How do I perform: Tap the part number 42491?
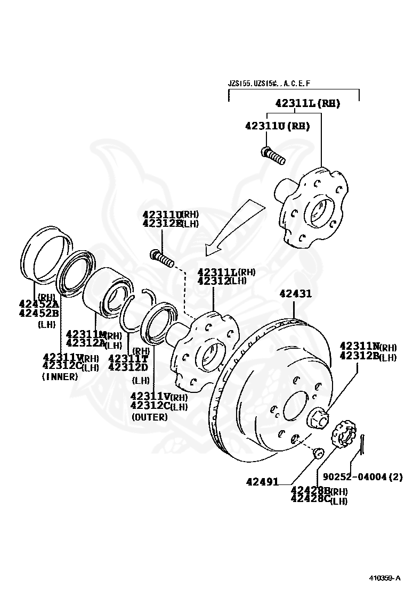(x=262, y=481)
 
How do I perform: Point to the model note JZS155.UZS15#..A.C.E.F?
(x=269, y=84)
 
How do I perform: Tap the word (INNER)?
(x=60, y=376)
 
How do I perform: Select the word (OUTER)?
(x=149, y=417)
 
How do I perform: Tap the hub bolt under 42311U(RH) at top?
(x=273, y=156)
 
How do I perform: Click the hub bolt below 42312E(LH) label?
(x=163, y=259)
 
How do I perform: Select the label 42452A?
(x=38, y=305)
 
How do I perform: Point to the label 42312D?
(x=127, y=367)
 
